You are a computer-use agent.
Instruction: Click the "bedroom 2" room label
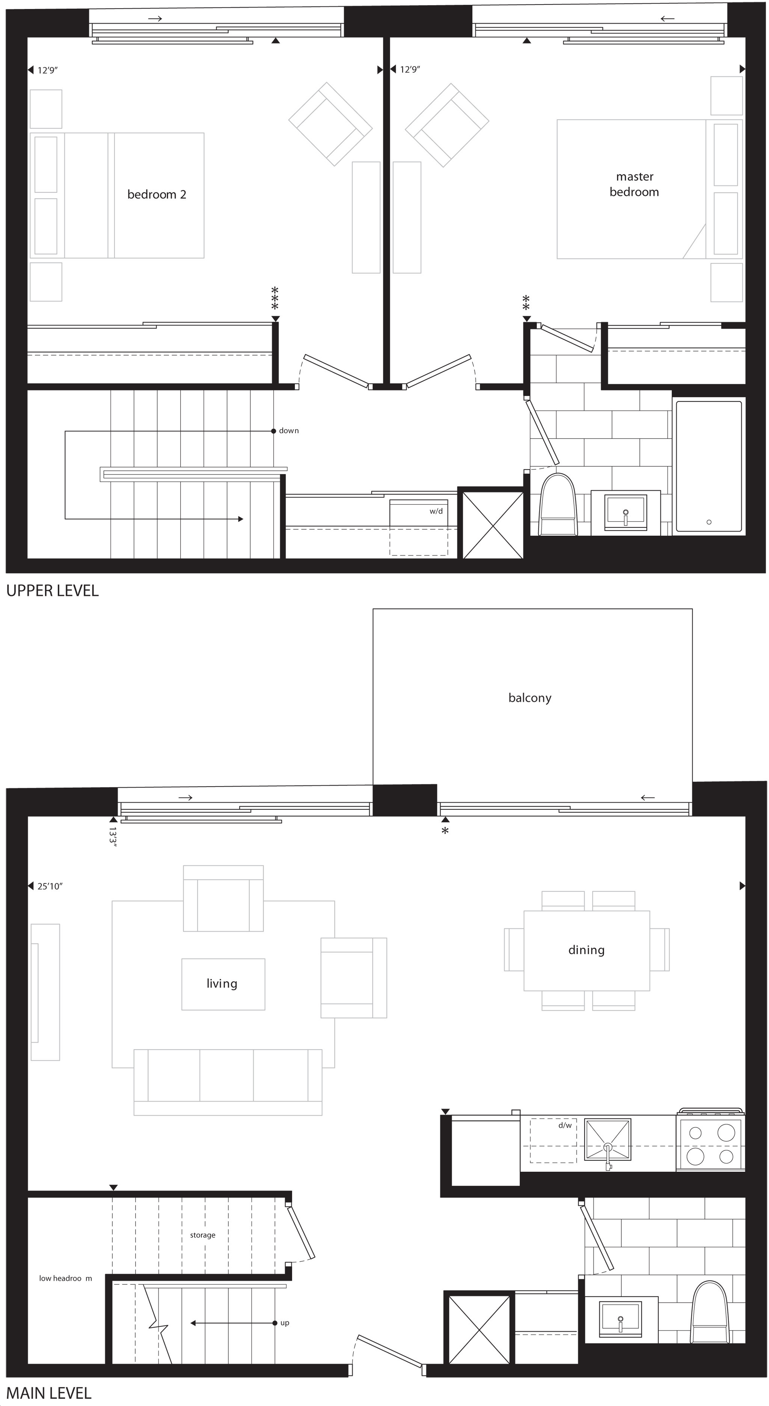click(157, 194)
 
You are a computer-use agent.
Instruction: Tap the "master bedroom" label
click(634, 184)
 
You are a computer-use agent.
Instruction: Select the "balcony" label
click(530, 698)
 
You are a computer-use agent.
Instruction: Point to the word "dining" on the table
click(586, 950)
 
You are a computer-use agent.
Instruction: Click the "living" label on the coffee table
click(222, 984)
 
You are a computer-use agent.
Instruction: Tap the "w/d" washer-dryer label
click(436, 511)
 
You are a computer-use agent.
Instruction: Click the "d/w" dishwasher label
click(565, 1125)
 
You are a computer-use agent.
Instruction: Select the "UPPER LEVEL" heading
click(53, 591)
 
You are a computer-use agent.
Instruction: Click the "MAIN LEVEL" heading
click(48, 1393)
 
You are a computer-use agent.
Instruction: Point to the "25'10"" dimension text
click(50, 886)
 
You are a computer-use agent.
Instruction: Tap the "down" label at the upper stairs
click(289, 431)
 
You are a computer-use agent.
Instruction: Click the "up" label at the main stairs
click(285, 1323)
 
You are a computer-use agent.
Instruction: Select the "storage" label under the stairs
click(202, 1235)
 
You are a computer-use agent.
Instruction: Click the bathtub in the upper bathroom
click(709, 466)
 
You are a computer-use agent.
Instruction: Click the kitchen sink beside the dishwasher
click(608, 1140)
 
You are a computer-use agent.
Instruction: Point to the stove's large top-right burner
click(726, 1133)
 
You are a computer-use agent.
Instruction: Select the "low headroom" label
click(65, 1278)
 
